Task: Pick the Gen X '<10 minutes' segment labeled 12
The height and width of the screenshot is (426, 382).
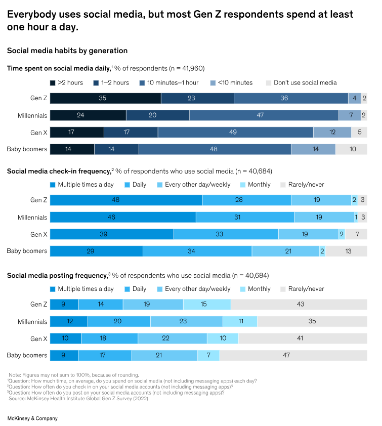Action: (x=332, y=133)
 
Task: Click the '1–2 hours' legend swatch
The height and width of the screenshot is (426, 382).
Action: (x=96, y=83)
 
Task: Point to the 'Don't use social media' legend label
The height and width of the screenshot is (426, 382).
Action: (x=305, y=83)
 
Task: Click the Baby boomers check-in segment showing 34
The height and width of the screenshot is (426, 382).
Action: (x=197, y=251)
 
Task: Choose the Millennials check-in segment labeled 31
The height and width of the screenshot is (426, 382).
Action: (x=245, y=218)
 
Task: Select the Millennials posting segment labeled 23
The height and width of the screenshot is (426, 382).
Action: (x=186, y=322)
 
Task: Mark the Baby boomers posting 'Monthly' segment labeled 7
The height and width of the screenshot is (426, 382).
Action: (x=208, y=356)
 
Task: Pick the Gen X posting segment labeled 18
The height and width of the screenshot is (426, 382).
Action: (x=109, y=338)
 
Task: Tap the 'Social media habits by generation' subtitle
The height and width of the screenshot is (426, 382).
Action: (x=67, y=51)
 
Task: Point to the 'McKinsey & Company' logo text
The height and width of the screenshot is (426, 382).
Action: (x=32, y=418)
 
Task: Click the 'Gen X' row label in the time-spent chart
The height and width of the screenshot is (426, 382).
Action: (x=38, y=133)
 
